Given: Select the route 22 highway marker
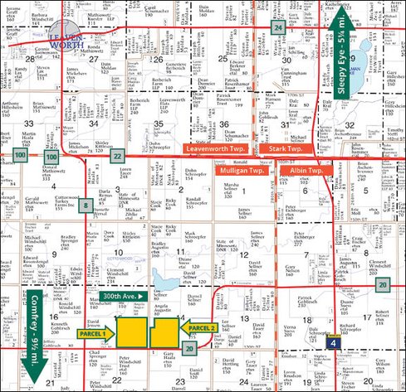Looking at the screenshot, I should click(x=119, y=156).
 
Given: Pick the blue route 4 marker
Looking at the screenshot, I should click(x=332, y=341).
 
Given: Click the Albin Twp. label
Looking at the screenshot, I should click(x=311, y=169).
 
